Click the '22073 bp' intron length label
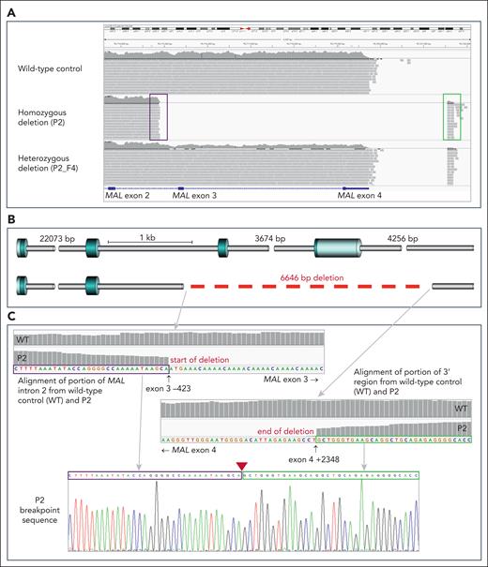[x=57, y=239]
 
